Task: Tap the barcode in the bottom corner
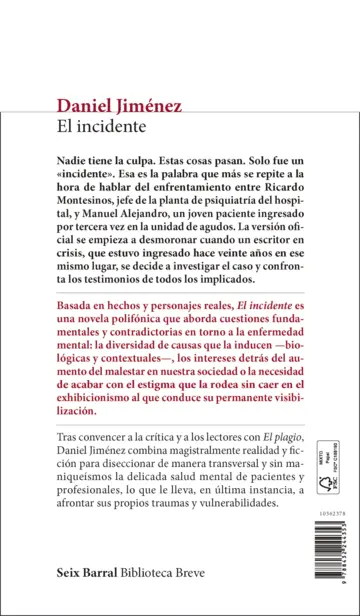328,553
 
